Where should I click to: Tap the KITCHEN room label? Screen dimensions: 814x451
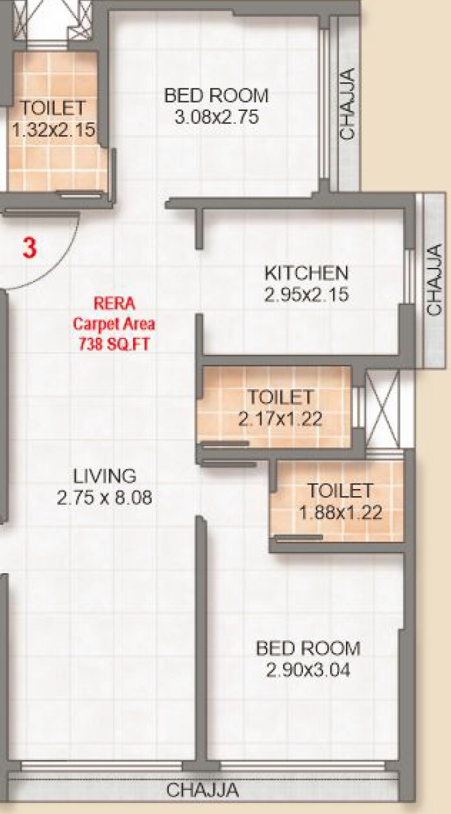[x=306, y=272]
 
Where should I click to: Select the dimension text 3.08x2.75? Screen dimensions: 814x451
[x=217, y=117]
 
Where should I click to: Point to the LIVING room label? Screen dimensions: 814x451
[x=104, y=475]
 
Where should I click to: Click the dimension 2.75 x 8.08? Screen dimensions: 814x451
[x=104, y=497]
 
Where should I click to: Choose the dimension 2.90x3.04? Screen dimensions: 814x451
[x=308, y=670]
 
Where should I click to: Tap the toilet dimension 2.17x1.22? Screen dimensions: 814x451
[x=280, y=418]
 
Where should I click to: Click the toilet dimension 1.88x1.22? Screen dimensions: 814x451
[x=340, y=513]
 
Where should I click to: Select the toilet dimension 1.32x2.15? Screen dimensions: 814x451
[x=53, y=129]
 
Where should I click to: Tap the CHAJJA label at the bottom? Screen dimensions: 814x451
[x=202, y=791]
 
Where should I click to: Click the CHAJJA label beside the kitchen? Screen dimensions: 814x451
[x=434, y=279]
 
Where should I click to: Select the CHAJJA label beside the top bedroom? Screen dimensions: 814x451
[x=348, y=104]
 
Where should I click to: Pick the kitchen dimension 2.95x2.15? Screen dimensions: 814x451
[x=306, y=295]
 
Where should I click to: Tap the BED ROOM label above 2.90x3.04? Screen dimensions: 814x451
[x=308, y=648]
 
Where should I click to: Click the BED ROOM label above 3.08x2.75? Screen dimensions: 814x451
[x=216, y=96]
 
